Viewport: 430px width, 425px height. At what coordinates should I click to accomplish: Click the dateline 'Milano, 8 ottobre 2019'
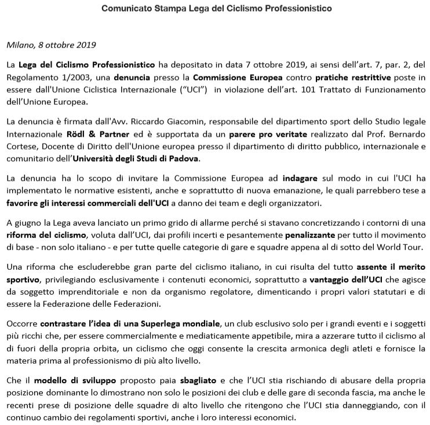(x=51, y=45)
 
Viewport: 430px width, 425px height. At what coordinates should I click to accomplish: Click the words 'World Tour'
(x=403, y=250)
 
